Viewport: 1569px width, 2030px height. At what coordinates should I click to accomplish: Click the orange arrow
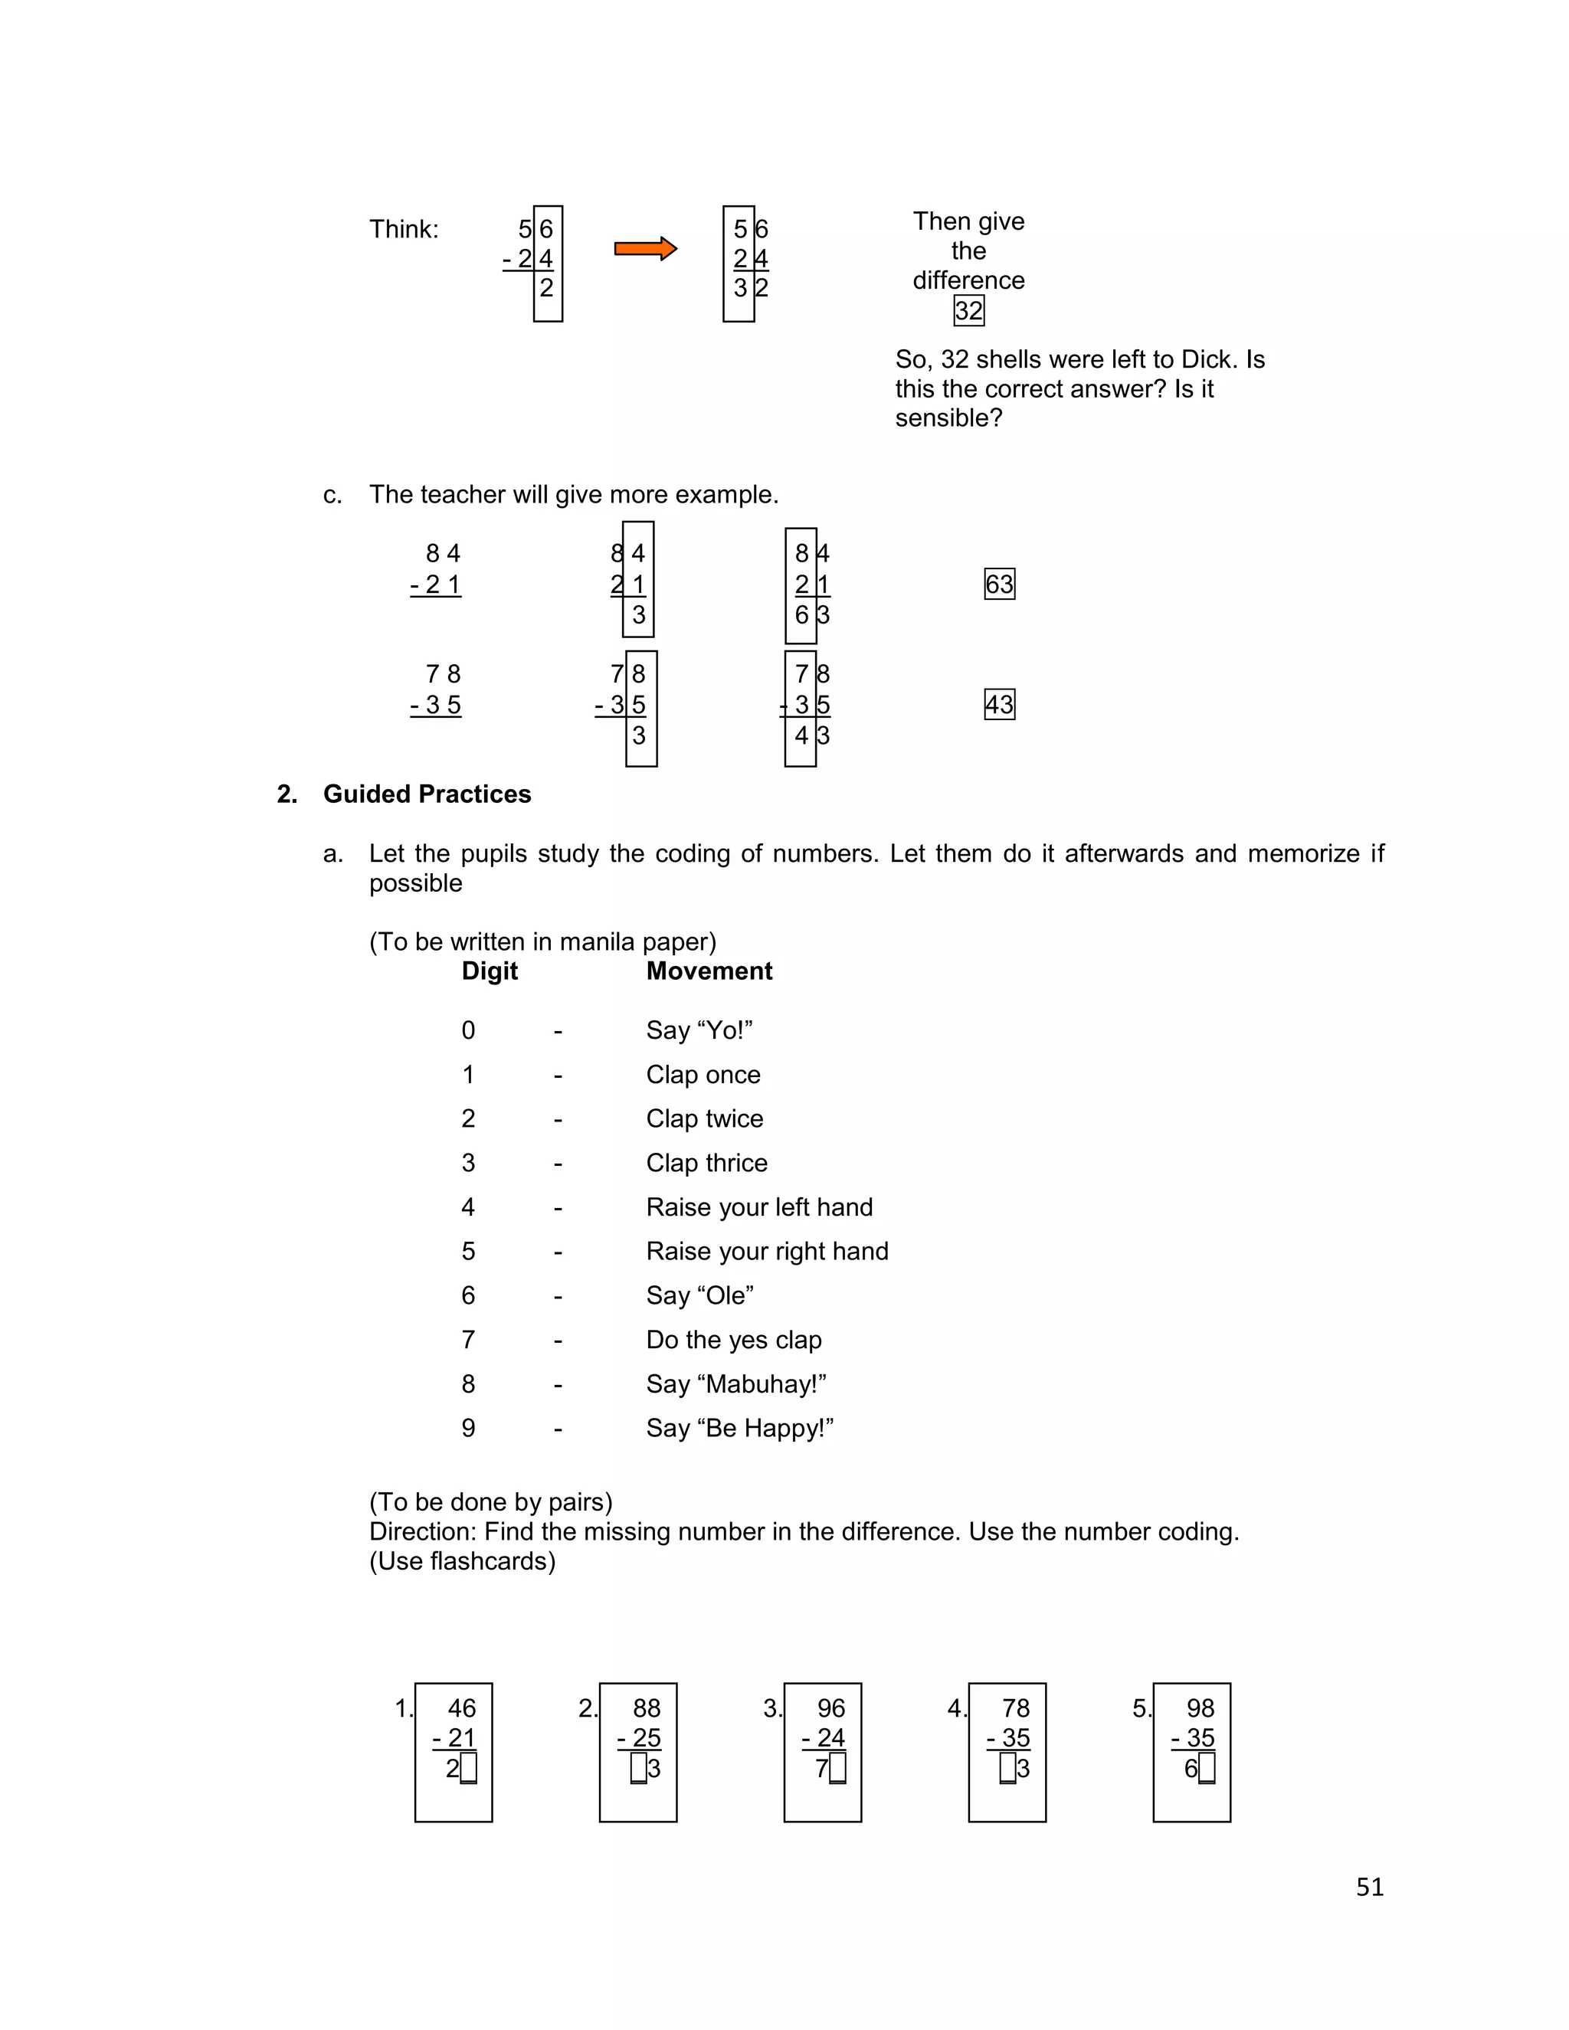pyautogui.click(x=645, y=249)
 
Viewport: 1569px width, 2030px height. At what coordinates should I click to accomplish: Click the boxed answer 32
pyautogui.click(x=968, y=310)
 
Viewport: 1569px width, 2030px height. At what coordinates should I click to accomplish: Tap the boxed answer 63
pyautogui.click(x=999, y=584)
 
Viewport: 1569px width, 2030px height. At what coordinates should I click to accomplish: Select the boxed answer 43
pyautogui.click(x=999, y=705)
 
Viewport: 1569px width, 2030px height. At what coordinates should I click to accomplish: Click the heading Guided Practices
pyautogui.click(x=427, y=794)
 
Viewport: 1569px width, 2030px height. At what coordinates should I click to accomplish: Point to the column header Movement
pyautogui.click(x=709, y=971)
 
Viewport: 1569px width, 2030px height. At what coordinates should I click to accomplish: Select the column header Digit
pyautogui.click(x=490, y=971)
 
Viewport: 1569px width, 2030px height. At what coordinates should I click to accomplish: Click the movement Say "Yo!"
pyautogui.click(x=699, y=1031)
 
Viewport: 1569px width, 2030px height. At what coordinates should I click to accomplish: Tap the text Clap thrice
pyautogui.click(x=706, y=1163)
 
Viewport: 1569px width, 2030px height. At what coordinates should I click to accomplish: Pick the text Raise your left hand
pyautogui.click(x=759, y=1207)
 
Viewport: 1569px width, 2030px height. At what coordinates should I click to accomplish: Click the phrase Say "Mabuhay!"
pyautogui.click(x=736, y=1384)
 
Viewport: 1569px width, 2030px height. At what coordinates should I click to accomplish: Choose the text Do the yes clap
pyautogui.click(x=733, y=1341)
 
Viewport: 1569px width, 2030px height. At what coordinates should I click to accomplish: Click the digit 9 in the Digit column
pyautogui.click(x=468, y=1429)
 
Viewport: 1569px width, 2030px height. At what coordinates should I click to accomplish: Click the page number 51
pyautogui.click(x=1369, y=1888)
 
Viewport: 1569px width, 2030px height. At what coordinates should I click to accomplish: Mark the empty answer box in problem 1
pyautogui.click(x=468, y=1768)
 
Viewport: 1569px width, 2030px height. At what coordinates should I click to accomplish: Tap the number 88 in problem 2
pyautogui.click(x=646, y=1708)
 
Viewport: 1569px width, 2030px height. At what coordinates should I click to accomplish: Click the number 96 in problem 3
pyautogui.click(x=831, y=1708)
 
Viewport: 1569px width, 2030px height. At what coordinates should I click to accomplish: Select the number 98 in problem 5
pyautogui.click(x=1200, y=1708)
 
